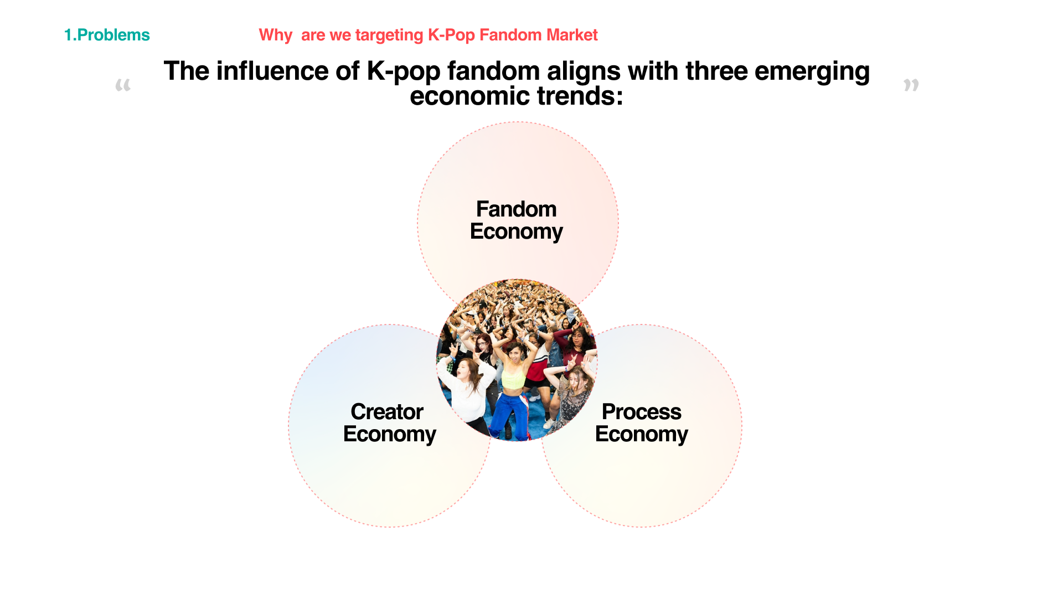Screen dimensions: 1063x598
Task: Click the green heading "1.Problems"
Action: tap(107, 35)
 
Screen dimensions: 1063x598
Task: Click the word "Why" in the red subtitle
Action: tap(275, 35)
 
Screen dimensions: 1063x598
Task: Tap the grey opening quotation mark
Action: tap(123, 85)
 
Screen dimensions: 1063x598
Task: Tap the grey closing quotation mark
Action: tap(911, 85)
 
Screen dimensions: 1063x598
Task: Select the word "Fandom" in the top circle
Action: tap(517, 209)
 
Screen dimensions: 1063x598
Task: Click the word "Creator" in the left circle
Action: tap(387, 412)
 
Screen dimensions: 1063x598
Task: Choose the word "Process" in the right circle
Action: tap(642, 412)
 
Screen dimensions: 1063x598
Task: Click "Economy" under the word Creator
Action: tap(390, 435)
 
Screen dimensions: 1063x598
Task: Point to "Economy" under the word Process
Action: tap(642, 435)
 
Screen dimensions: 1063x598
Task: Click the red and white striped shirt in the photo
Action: tap(538, 369)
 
